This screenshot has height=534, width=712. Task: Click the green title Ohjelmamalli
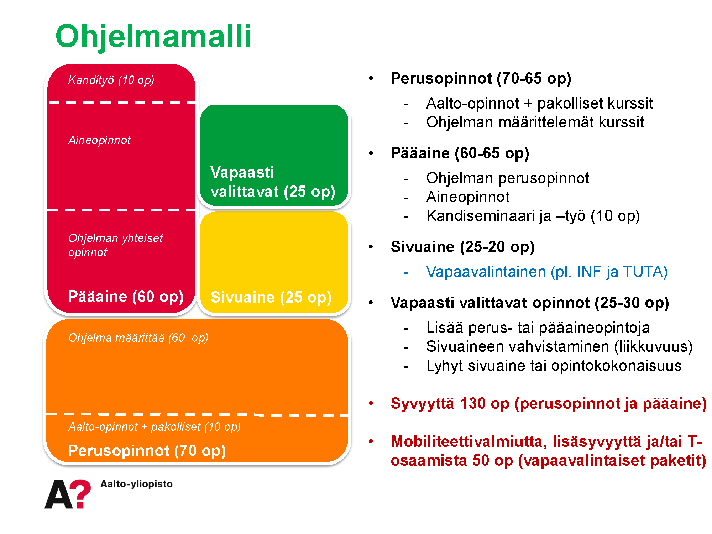click(x=153, y=37)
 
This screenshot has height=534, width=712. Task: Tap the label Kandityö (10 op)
click(x=111, y=80)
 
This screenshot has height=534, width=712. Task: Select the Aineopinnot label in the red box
click(x=99, y=140)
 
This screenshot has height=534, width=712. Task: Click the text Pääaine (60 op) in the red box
click(x=126, y=297)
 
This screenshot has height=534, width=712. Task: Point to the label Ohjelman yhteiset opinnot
click(x=116, y=245)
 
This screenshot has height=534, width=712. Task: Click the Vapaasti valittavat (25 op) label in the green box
click(x=273, y=182)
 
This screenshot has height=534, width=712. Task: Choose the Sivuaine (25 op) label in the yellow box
click(x=271, y=297)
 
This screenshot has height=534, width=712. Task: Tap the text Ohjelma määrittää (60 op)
click(x=138, y=338)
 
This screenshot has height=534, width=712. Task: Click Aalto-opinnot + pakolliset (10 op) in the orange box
click(x=155, y=426)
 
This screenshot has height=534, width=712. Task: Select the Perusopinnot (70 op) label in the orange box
click(x=147, y=451)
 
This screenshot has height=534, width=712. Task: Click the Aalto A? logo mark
click(x=68, y=494)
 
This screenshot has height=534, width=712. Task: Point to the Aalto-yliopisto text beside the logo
click(x=136, y=484)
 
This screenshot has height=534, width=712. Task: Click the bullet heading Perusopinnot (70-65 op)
click(x=481, y=79)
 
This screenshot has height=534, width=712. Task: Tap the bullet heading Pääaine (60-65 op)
click(x=460, y=153)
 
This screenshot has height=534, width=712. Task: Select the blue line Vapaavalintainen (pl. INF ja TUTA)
click(x=547, y=272)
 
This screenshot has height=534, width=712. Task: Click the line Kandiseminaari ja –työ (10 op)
click(x=533, y=216)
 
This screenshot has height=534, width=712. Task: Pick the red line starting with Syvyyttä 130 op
click(x=549, y=404)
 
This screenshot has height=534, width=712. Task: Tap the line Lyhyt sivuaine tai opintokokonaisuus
click(x=554, y=366)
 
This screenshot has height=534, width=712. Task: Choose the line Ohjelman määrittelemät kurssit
click(x=535, y=122)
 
